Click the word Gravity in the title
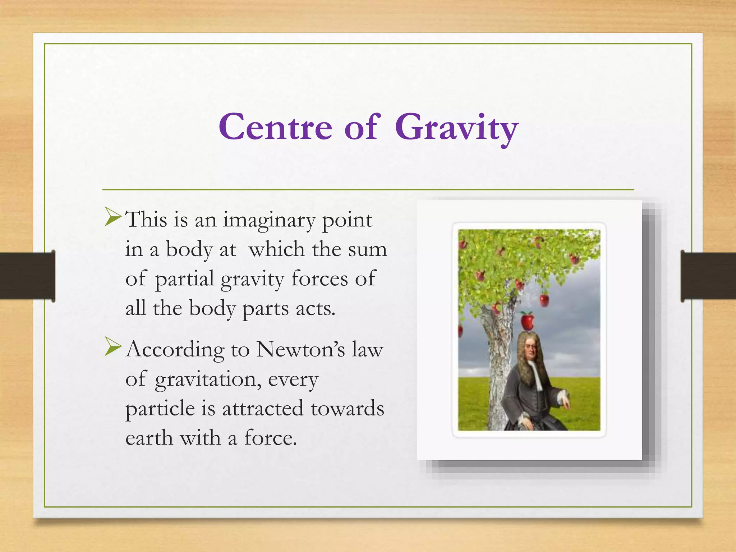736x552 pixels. click(456, 128)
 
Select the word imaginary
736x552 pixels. click(269, 221)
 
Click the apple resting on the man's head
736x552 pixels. click(527, 321)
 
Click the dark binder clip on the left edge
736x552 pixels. click(27, 276)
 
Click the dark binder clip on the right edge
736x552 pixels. click(708, 276)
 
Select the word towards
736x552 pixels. click(347, 409)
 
